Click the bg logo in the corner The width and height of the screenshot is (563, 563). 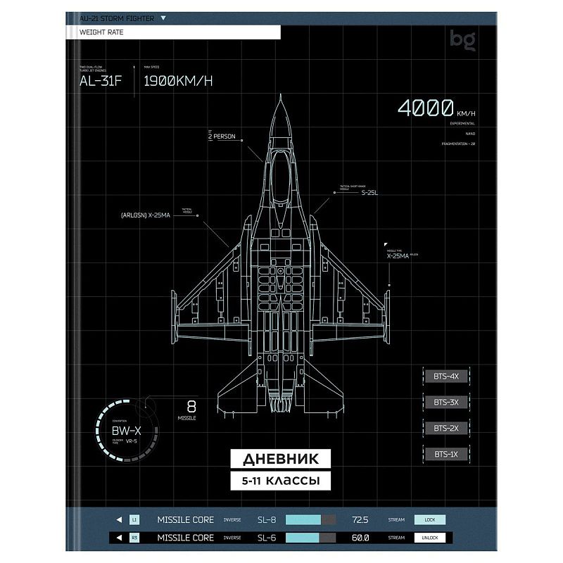[464, 42]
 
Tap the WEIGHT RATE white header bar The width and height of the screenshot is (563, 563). [173, 32]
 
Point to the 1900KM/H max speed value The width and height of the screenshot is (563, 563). [177, 80]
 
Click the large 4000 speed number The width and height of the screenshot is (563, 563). [425, 108]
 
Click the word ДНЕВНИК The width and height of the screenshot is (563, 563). [280, 459]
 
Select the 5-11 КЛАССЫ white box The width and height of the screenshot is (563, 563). [280, 481]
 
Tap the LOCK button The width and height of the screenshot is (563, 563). [429, 520]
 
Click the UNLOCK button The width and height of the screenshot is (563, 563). [429, 538]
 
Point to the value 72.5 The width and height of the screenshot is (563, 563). [360, 520]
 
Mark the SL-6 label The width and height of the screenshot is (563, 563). [267, 538]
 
